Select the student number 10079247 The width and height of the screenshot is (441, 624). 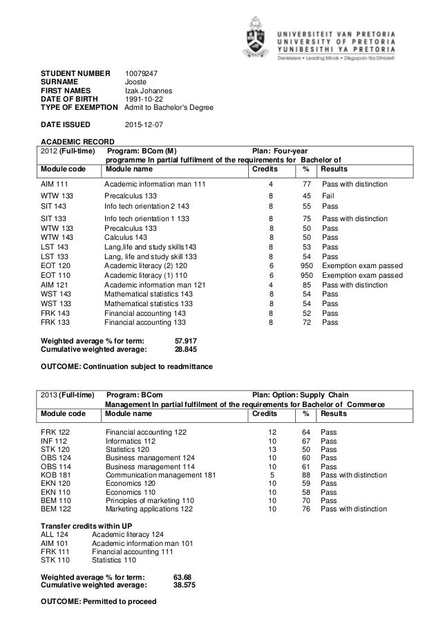(x=141, y=73)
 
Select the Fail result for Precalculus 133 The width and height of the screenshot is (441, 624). (x=329, y=196)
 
